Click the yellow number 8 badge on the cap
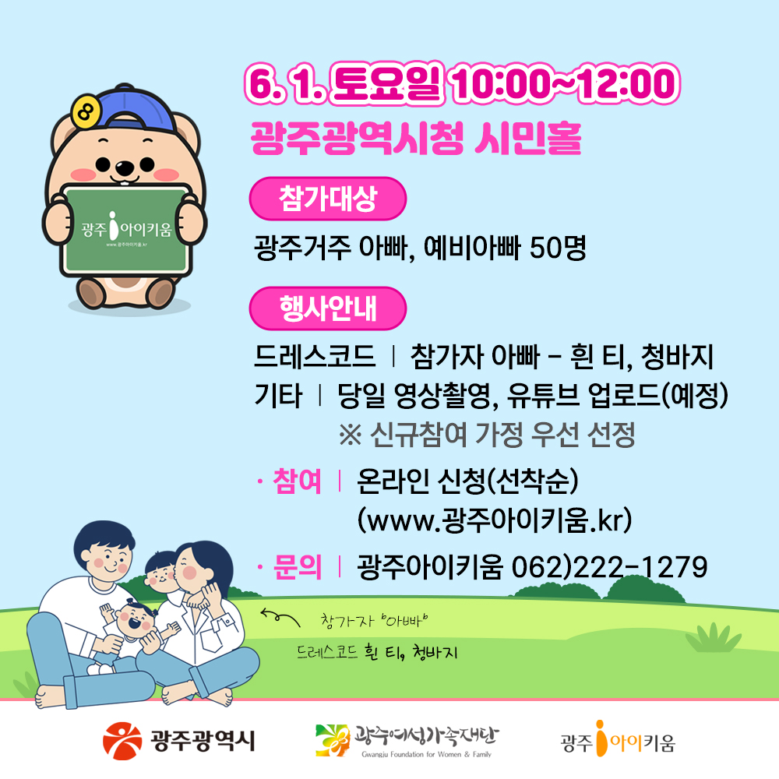coord(86,111)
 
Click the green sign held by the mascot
coord(125,230)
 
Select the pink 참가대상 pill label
coord(327,199)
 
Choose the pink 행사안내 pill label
coord(327,308)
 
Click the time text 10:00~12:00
coord(566,83)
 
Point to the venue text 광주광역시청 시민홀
coord(416,138)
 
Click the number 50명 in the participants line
coord(558,248)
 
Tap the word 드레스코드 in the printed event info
coord(315,356)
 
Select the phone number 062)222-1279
coord(610,567)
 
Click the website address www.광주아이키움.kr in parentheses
coord(495,520)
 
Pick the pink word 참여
coord(297,481)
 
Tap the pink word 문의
coord(297,567)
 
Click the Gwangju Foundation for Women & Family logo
coord(407,741)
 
